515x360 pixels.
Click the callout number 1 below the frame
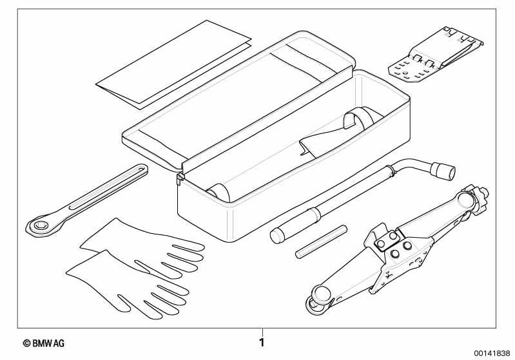point(262,343)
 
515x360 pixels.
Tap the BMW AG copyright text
point(44,344)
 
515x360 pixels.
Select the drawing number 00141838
point(492,354)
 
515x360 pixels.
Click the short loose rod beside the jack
point(321,242)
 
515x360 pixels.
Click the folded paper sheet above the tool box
point(174,64)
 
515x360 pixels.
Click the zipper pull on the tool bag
point(179,179)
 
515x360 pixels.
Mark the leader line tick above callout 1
point(262,332)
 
